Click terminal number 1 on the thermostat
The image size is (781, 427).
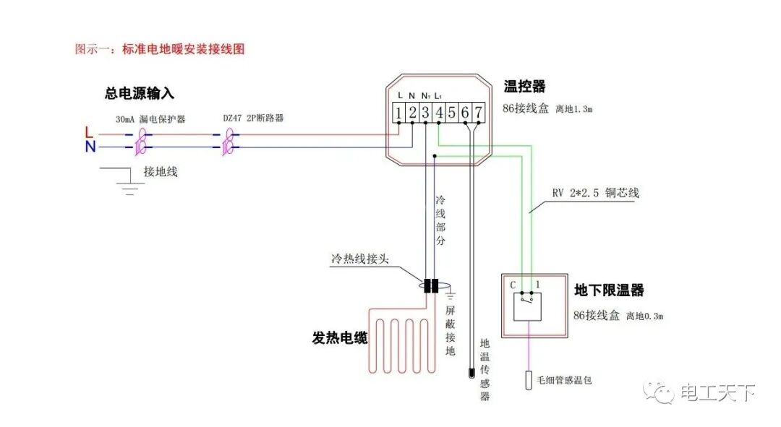[398, 112]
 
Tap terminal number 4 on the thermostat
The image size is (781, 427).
[439, 112]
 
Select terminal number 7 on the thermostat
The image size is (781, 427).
[478, 112]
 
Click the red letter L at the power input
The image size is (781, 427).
[88, 132]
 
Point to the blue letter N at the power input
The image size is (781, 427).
[89, 147]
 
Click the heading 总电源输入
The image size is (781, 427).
[140, 94]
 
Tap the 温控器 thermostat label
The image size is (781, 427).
[524, 87]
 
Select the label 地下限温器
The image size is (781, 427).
[609, 290]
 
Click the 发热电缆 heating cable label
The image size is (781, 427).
[340, 337]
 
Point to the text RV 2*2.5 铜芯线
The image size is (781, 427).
[595, 194]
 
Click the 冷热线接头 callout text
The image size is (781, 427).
[360, 258]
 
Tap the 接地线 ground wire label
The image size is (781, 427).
[161, 172]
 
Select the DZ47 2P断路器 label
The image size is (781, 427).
[254, 118]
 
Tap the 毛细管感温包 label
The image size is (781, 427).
[563, 379]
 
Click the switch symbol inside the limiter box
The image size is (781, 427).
[531, 306]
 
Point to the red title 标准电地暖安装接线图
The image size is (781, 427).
[184, 49]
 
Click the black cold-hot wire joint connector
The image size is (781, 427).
[431, 286]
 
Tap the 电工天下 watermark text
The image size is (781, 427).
[718, 393]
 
